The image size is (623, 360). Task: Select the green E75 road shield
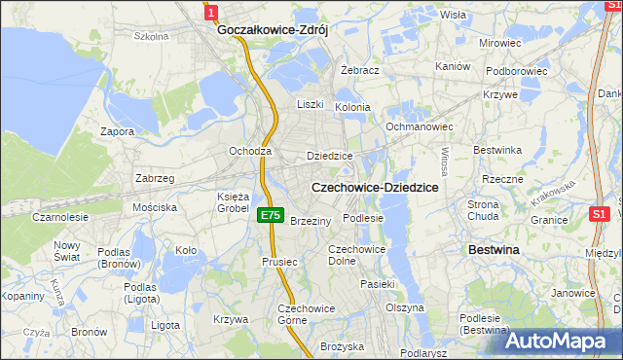(x=271, y=215)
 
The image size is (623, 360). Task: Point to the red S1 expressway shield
(x=600, y=213)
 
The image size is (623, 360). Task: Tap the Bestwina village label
(x=494, y=250)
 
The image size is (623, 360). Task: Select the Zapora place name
(x=117, y=131)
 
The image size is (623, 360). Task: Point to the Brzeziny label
(x=311, y=221)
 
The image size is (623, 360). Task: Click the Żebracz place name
(x=359, y=71)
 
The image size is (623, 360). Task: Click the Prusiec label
(x=277, y=262)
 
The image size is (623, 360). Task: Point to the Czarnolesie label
(x=58, y=217)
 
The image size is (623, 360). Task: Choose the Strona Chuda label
(x=483, y=210)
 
